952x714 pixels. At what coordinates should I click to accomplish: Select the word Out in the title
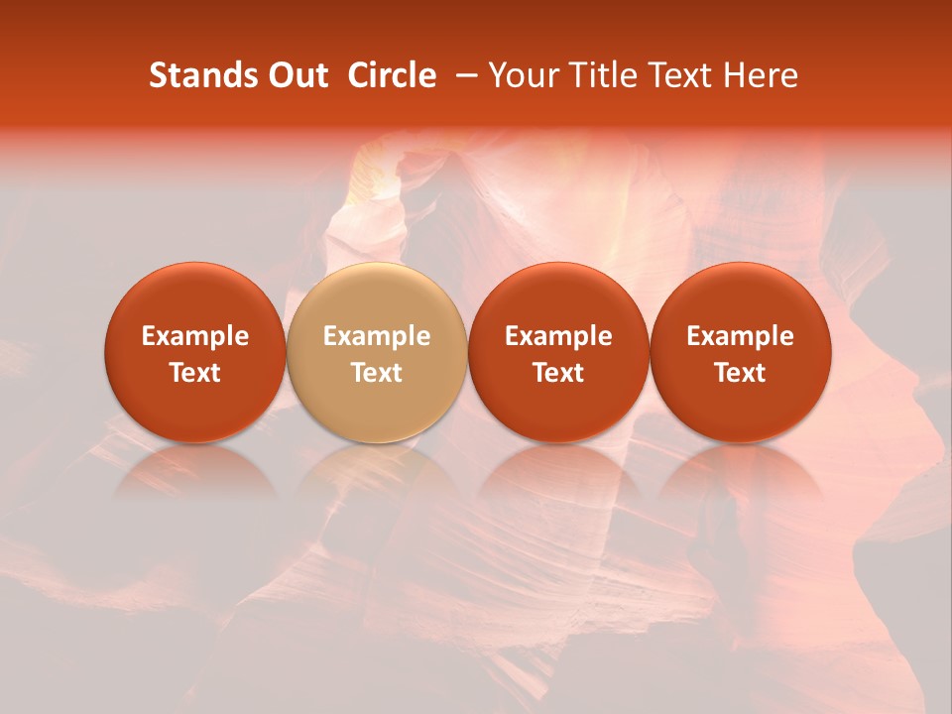click(x=297, y=75)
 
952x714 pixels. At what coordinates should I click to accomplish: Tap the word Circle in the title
click(x=392, y=75)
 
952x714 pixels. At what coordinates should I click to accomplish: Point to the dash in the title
click(x=462, y=76)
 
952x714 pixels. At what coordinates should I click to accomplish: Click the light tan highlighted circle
click(x=377, y=352)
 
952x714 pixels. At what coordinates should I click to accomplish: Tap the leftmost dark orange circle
click(x=195, y=352)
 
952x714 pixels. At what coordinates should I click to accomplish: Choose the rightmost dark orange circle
click(x=741, y=352)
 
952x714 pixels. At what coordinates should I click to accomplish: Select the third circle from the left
click(x=558, y=352)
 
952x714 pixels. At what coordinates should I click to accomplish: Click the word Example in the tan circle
click(x=377, y=336)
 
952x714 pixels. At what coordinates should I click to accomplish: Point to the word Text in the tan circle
click(x=377, y=372)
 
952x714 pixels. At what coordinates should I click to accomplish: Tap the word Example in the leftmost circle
click(x=195, y=336)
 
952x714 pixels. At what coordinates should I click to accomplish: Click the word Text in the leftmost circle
click(x=195, y=372)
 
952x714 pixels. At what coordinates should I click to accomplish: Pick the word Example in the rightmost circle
click(x=741, y=336)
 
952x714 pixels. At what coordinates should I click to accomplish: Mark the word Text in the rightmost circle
click(x=741, y=372)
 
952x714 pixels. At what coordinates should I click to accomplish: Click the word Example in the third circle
click(x=558, y=336)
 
